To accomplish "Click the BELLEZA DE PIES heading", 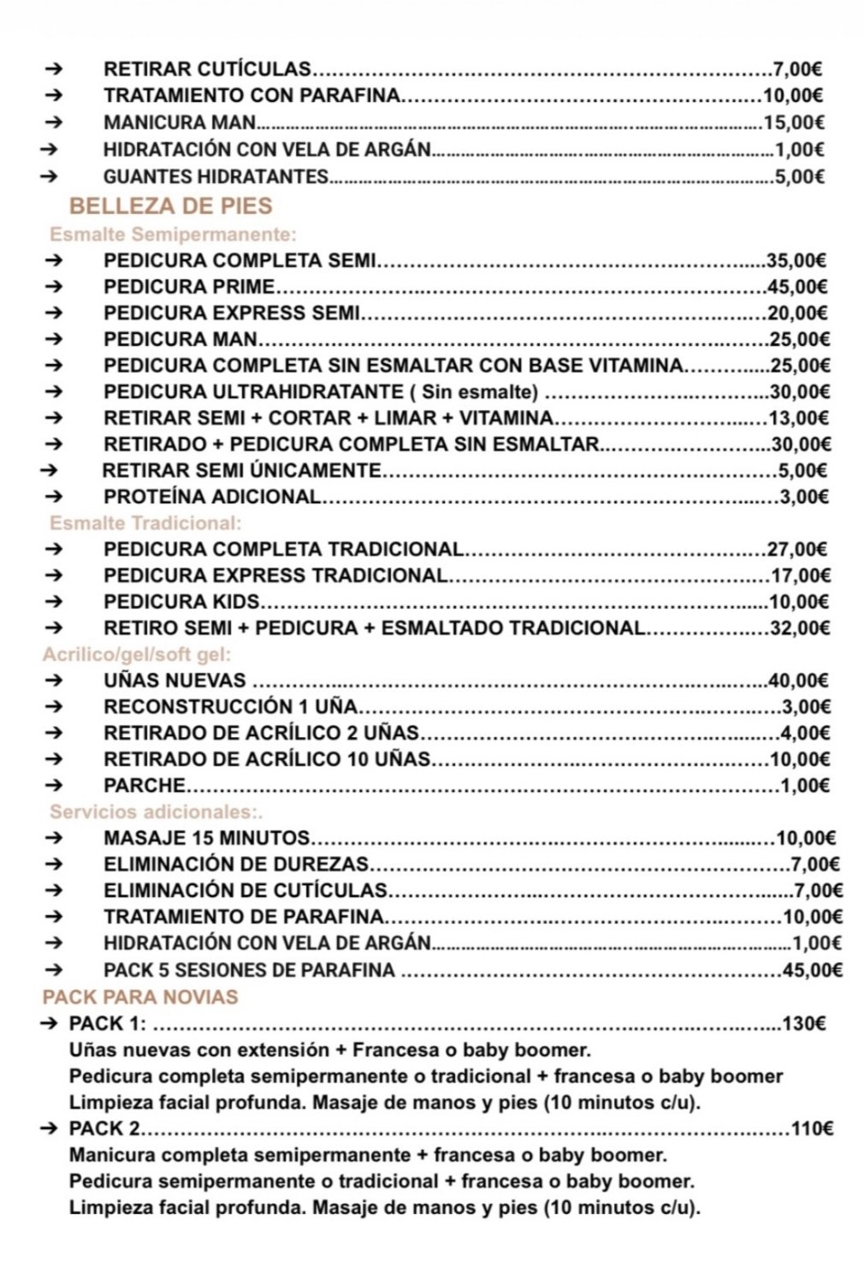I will (x=170, y=206).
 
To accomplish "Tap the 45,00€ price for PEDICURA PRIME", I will (x=797, y=287).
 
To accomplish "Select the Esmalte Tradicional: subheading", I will (x=145, y=523).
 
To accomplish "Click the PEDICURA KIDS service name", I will (x=181, y=602).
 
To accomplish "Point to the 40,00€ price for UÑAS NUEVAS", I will (x=799, y=681).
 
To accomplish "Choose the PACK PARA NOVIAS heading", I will (x=140, y=996).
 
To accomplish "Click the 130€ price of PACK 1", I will (x=803, y=1023).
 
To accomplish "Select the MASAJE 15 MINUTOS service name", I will (x=206, y=838).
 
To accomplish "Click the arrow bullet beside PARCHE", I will (x=54, y=785).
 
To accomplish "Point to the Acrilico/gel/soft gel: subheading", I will (x=137, y=655).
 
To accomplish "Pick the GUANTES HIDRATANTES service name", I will (x=216, y=177).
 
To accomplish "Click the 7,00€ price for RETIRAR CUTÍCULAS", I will (x=797, y=69).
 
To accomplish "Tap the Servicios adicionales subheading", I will (x=156, y=812).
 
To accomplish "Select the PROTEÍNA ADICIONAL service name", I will (x=212, y=497).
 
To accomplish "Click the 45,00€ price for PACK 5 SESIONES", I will (x=813, y=970).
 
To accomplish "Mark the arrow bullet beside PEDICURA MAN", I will (x=54, y=339).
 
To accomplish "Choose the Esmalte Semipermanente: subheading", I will (x=173, y=235).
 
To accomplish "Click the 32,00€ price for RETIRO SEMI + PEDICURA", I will (x=800, y=628).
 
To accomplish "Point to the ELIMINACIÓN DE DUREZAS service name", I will (x=236, y=865).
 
